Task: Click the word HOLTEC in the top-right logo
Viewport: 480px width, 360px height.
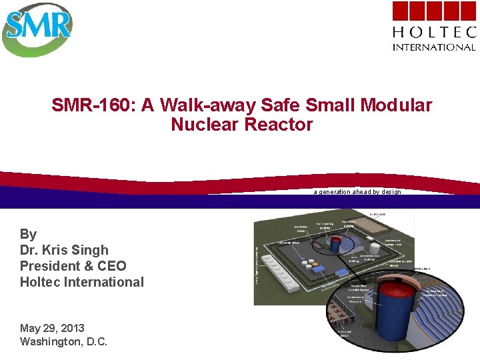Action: pos(434,32)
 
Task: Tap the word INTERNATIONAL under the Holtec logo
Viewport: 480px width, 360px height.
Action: pos(434,47)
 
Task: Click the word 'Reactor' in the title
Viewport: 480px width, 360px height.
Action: pos(283,125)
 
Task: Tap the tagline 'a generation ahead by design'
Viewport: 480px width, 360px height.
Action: pos(357,192)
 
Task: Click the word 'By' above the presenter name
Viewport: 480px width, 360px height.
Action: pos(29,234)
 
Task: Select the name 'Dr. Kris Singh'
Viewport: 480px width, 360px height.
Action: pos(64,250)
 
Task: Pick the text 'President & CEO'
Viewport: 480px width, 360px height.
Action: pos(73,266)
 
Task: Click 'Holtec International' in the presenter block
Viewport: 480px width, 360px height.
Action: pos(82,282)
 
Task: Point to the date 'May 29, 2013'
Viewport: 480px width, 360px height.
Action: pos(53,328)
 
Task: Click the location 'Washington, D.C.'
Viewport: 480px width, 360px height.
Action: pos(64,342)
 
